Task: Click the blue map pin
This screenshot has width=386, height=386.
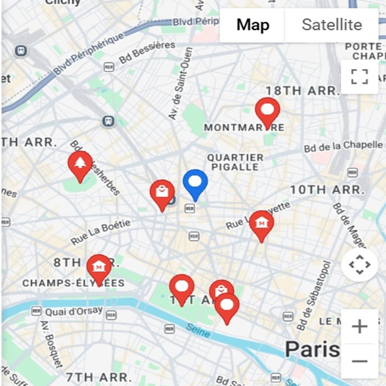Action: coord(195,183)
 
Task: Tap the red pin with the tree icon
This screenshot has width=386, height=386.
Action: coord(80,164)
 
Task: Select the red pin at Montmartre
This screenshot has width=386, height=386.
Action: coord(268,111)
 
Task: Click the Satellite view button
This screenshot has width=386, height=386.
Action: coord(331,25)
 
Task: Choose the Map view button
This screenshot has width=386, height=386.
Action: coord(253,25)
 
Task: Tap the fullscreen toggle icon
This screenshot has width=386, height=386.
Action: coord(360,77)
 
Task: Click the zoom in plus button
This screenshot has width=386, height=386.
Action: coord(359,326)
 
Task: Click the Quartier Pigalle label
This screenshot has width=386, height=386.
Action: coord(235,162)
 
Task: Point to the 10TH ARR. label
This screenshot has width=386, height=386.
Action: coord(327,190)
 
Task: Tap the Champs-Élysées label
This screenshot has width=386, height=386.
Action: coord(73,283)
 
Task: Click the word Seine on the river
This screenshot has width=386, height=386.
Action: coord(198,331)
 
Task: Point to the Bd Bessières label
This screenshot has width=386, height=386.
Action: coord(147,53)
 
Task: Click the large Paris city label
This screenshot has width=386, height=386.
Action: coord(312,350)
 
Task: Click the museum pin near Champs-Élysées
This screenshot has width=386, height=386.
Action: coord(99,268)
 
